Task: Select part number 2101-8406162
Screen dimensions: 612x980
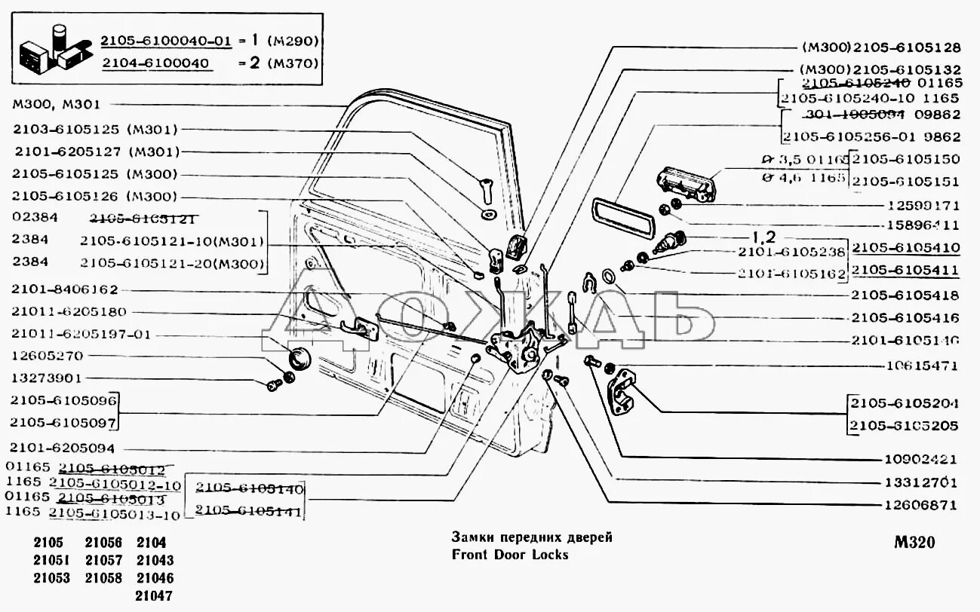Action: (65, 289)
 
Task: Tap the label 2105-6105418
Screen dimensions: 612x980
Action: (905, 295)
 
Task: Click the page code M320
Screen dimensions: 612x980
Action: (914, 543)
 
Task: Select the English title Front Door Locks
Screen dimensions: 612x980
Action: (509, 555)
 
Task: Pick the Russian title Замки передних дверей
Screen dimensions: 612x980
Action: (532, 537)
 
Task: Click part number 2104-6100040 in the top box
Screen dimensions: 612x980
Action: (155, 63)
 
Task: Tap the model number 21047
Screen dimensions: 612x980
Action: (155, 596)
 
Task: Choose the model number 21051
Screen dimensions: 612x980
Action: (52, 561)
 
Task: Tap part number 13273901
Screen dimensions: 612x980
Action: (47, 378)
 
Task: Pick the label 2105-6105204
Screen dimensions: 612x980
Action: (905, 403)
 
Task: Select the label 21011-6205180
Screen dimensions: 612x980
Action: (69, 311)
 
